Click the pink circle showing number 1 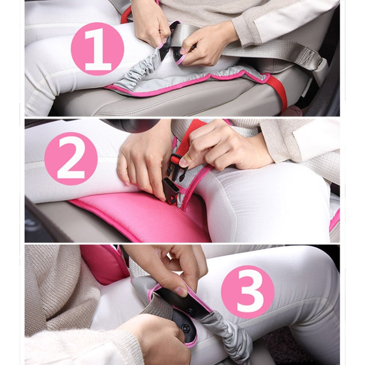click(x=97, y=49)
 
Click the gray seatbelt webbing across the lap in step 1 click(x=253, y=49)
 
